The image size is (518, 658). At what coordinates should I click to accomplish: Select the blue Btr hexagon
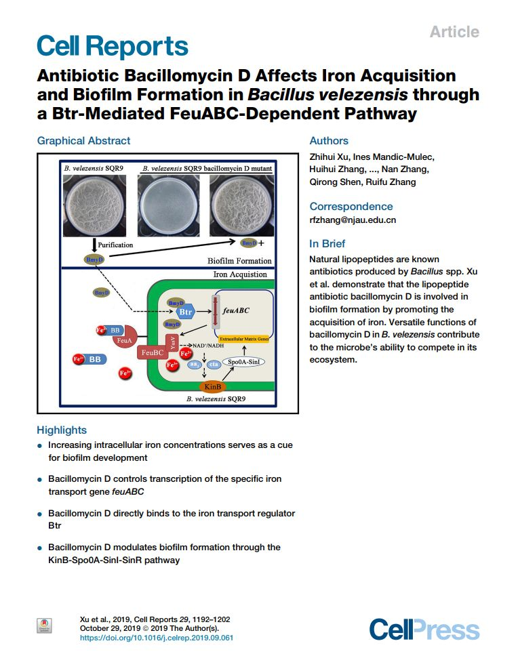(x=185, y=312)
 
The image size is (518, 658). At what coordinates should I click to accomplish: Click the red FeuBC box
(x=151, y=352)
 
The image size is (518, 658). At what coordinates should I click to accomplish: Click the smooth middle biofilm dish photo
(x=170, y=204)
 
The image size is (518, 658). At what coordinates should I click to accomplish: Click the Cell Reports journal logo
(x=112, y=46)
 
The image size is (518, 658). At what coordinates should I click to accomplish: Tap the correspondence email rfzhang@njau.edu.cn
(x=353, y=220)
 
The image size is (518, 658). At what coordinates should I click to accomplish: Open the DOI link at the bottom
(x=157, y=637)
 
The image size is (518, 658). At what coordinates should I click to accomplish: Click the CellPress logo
(x=424, y=630)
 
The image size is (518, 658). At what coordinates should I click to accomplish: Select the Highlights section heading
(x=62, y=430)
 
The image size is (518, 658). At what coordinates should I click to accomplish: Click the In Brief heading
(x=327, y=243)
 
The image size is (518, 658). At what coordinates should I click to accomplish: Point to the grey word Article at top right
(x=454, y=32)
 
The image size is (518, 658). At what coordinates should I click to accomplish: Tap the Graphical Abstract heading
(x=83, y=141)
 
